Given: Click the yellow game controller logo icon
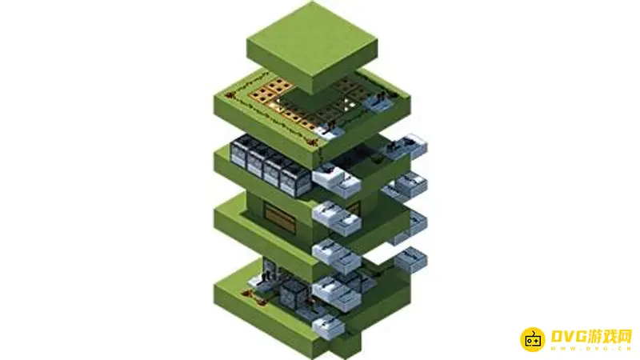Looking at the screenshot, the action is click(532, 339).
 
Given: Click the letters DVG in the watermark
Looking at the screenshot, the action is click(569, 336).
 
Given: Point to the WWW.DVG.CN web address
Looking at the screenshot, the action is click(590, 349).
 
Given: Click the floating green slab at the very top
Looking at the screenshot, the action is click(312, 47).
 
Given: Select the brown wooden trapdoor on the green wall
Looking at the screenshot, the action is click(281, 218).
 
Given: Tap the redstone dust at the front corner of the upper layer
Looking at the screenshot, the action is click(313, 142).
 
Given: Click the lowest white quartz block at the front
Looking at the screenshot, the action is click(329, 326).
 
